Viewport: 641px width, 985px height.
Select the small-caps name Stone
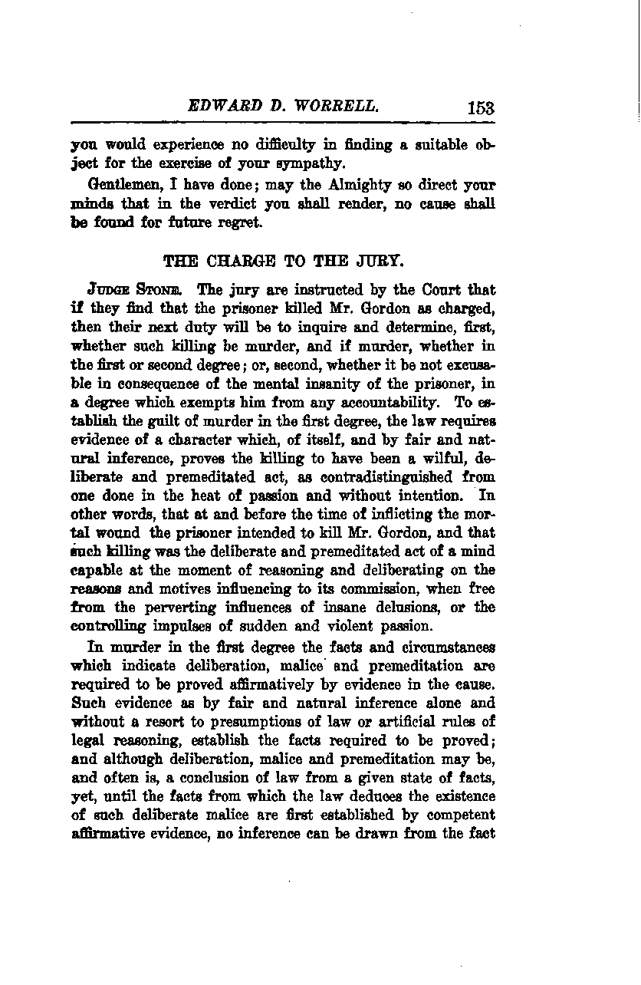point(163,291)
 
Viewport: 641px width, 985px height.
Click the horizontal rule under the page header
point(282,123)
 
